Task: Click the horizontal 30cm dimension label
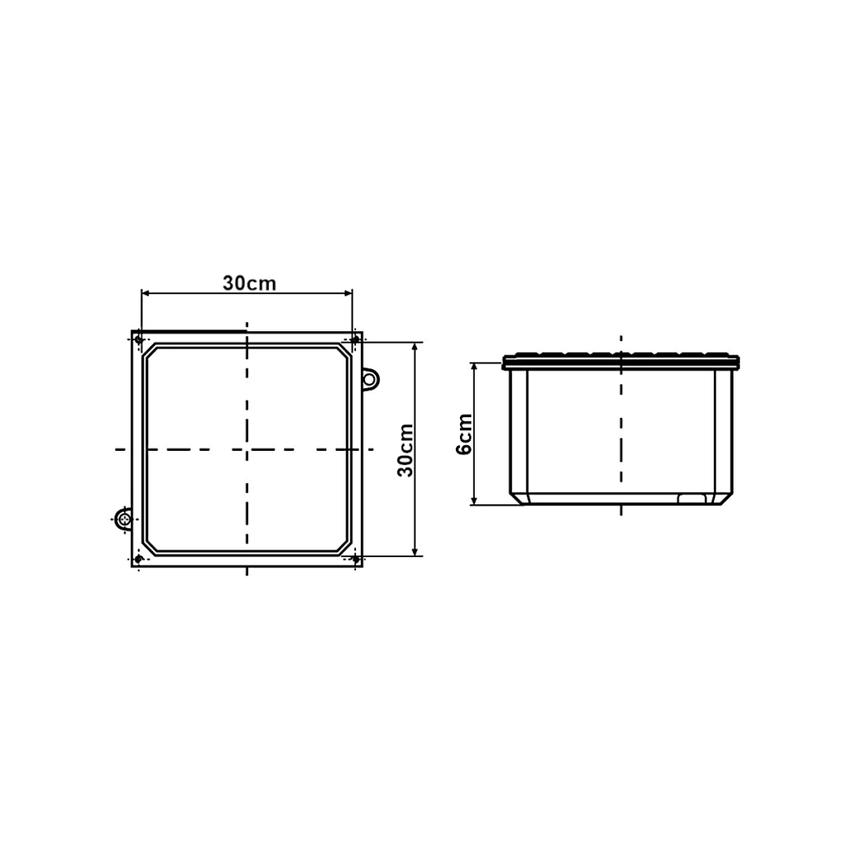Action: coord(249,284)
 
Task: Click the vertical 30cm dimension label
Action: coord(406,451)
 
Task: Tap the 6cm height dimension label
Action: coord(464,434)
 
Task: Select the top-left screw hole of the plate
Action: coord(138,340)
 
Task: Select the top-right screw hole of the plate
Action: coord(354,340)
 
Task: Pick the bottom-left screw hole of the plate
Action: coord(138,560)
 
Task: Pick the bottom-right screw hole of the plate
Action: coord(355,560)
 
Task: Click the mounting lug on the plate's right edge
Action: coord(370,379)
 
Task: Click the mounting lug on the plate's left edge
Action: coord(124,519)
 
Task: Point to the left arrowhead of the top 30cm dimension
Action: coord(145,293)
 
